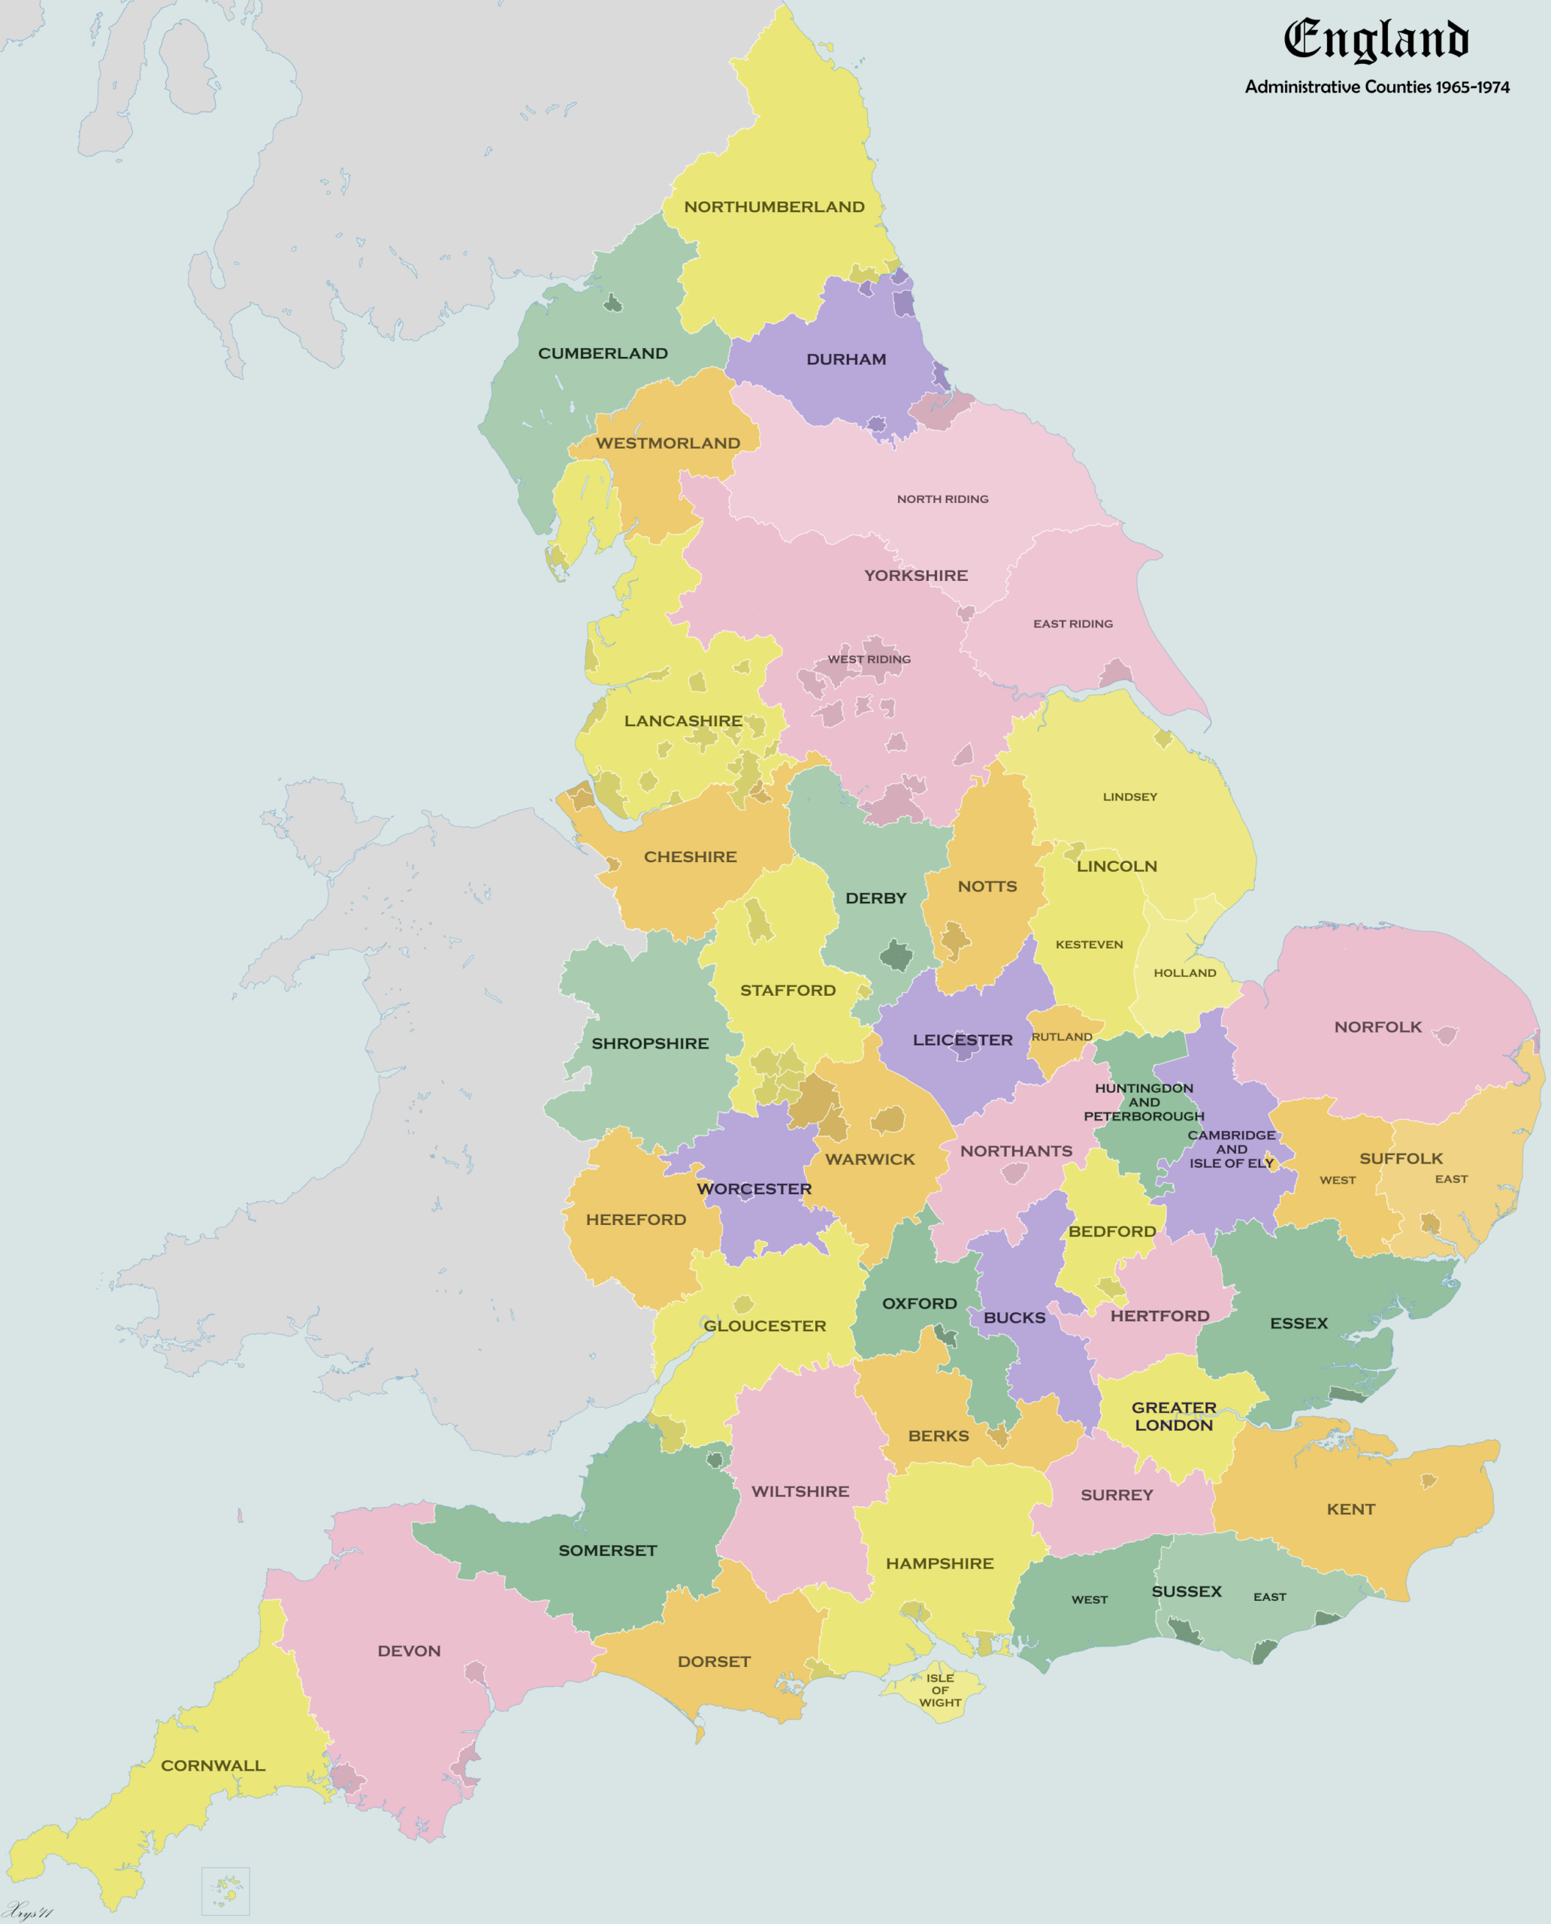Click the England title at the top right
[x=1376, y=41]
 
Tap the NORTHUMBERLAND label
[x=774, y=207]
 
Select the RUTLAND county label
[x=1061, y=1036]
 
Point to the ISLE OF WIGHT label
[x=940, y=1690]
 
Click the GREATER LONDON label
[x=1173, y=1415]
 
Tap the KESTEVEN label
[x=1088, y=944]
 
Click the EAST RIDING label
[x=1072, y=624]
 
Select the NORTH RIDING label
[x=942, y=498]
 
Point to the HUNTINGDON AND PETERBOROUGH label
[x=1144, y=1102]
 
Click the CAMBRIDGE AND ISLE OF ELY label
[x=1231, y=1148]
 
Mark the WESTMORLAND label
[x=667, y=443]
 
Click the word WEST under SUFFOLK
[x=1337, y=1180]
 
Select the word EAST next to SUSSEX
[x=1268, y=1596]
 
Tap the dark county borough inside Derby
[x=896, y=955]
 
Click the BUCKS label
[x=1014, y=1317]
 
